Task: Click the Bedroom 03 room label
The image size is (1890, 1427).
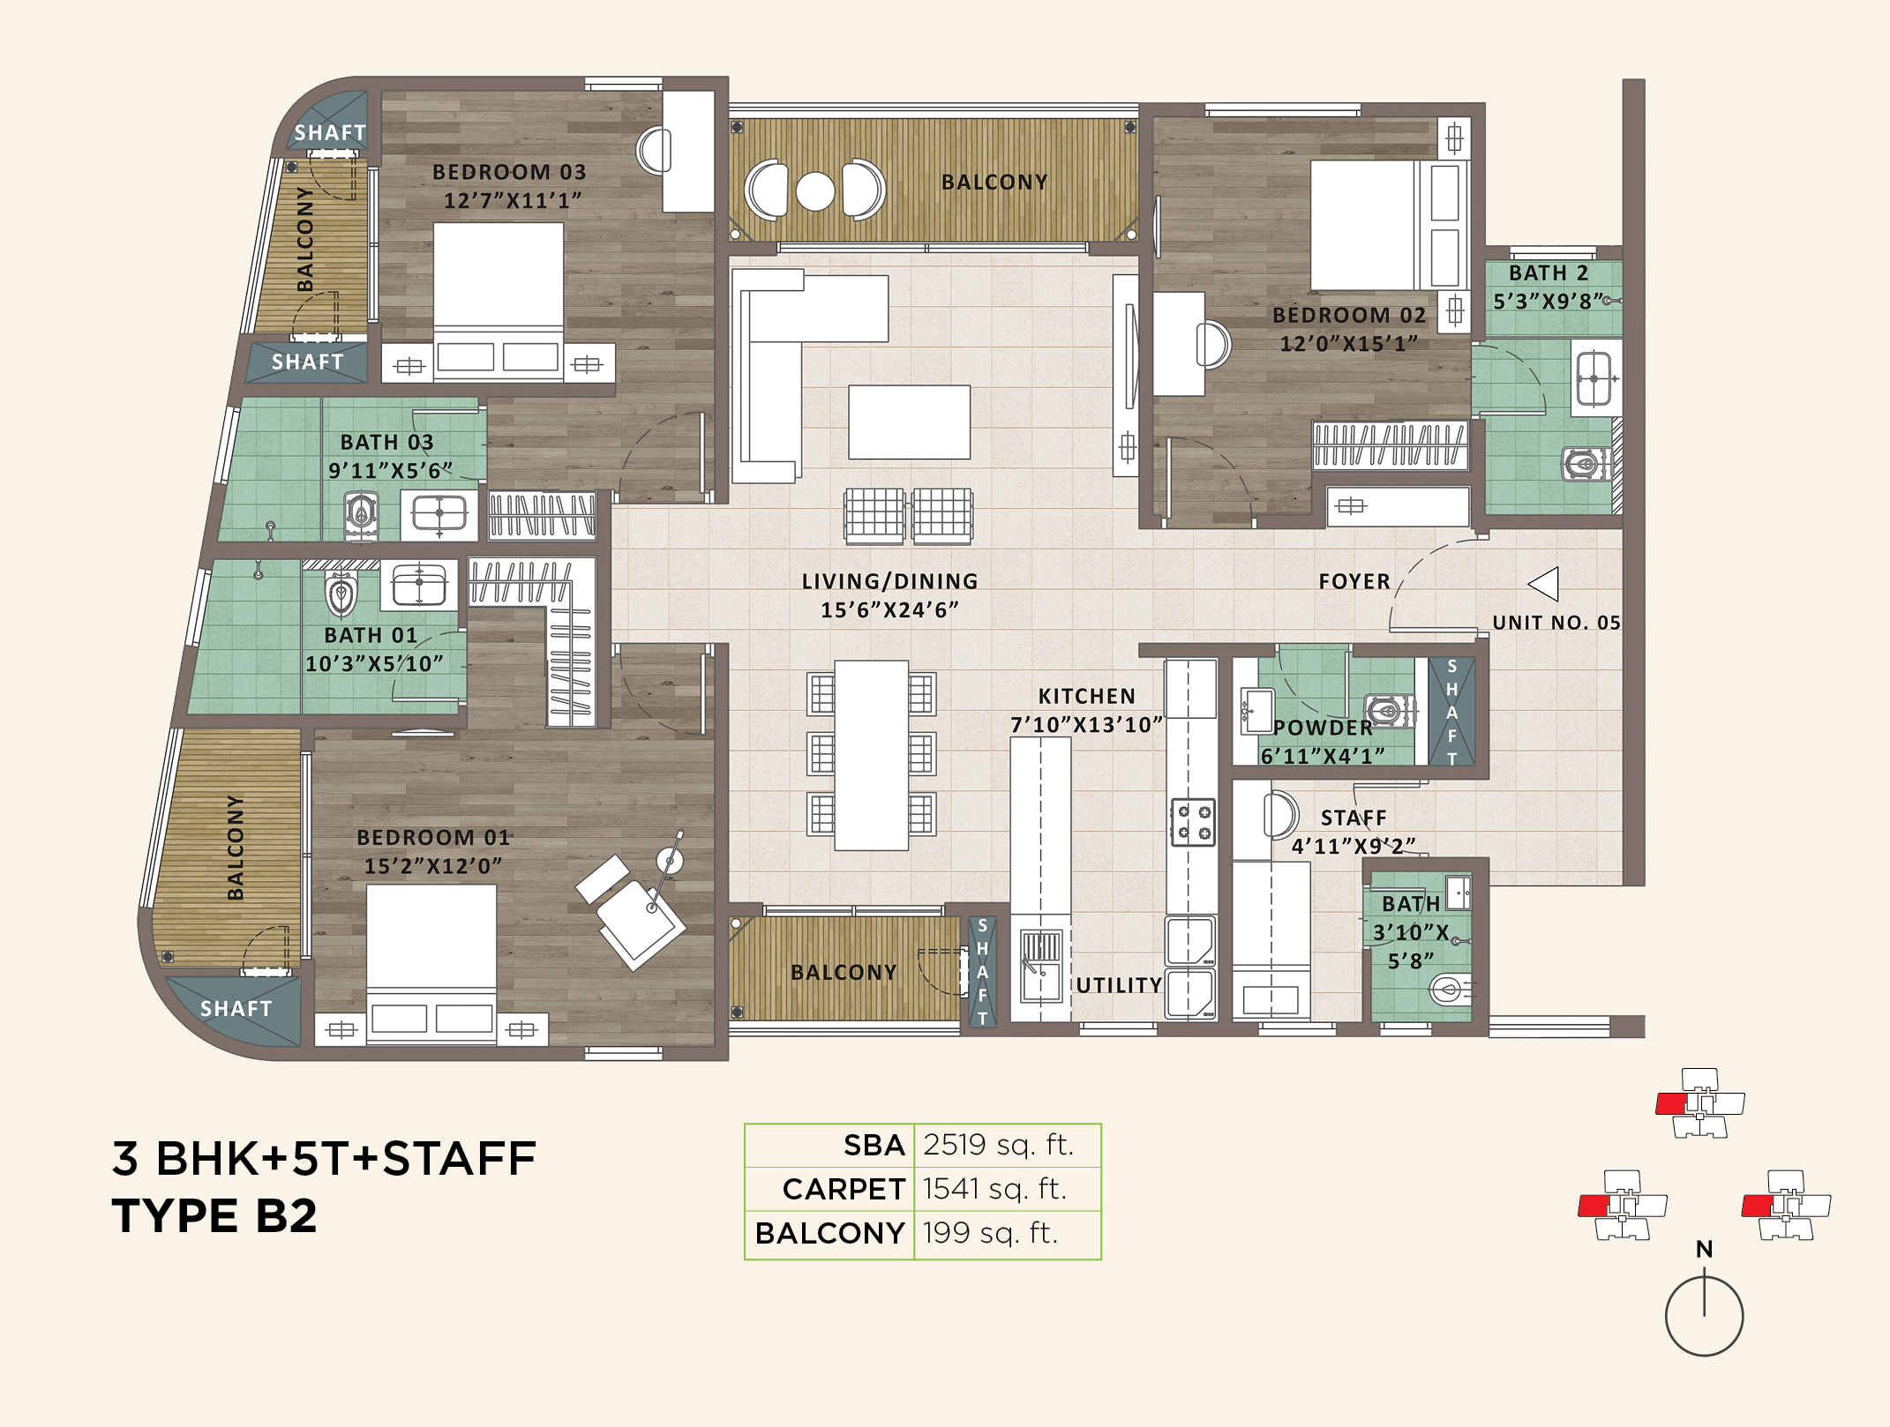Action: [x=509, y=172]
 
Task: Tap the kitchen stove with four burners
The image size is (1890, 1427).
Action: [x=1192, y=822]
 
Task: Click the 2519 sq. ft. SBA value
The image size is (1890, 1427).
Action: [x=998, y=1145]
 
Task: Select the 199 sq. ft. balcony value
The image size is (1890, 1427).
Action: [x=990, y=1233]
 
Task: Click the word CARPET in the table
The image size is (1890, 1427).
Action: [x=844, y=1189]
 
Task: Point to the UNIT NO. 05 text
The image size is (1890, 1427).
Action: [x=1556, y=623]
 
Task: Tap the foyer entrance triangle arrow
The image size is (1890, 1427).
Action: [x=1544, y=584]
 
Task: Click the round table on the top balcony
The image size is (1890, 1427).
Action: [x=815, y=191]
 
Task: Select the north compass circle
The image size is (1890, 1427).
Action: [x=1704, y=1317]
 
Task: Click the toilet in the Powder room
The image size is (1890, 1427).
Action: [x=1385, y=710]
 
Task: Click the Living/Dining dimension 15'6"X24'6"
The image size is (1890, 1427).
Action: [x=889, y=610]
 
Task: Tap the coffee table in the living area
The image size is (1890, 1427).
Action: [x=909, y=422]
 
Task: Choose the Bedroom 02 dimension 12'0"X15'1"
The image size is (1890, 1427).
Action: [x=1348, y=344]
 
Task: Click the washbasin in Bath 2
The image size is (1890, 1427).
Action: [x=1594, y=378]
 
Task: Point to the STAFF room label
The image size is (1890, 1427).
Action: [x=1354, y=818]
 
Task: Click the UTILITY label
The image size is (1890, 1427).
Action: [x=1119, y=985]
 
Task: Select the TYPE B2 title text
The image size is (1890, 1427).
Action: [x=214, y=1215]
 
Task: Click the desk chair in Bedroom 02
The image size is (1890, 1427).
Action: [x=1213, y=344]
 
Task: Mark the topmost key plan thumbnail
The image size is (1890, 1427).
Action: [x=1699, y=1102]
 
